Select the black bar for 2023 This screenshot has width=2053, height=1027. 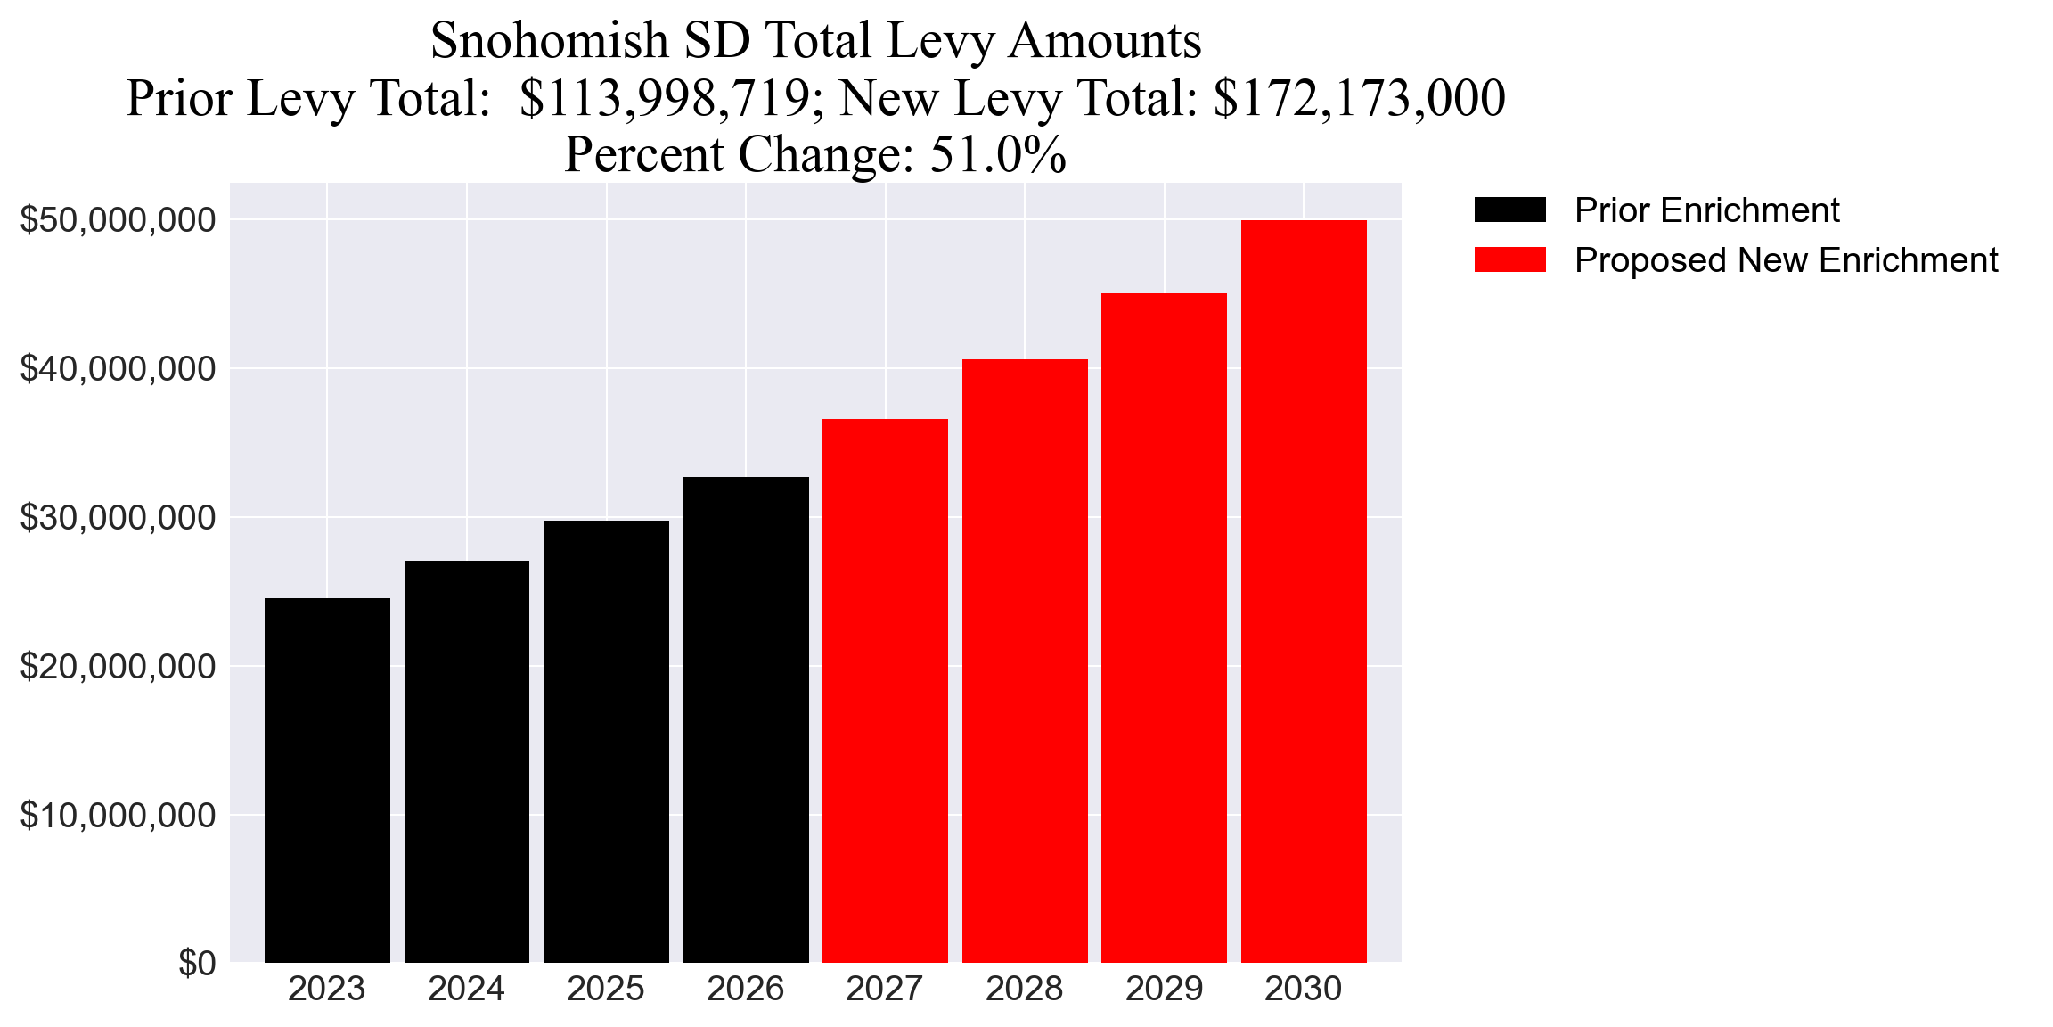coord(327,780)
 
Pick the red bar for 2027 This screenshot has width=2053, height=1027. coord(885,691)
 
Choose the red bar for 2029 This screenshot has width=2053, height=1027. coord(1164,628)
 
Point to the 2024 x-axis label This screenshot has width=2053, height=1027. coord(466,989)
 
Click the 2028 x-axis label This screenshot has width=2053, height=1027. coord(1024,989)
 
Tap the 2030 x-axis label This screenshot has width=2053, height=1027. coord(1304,989)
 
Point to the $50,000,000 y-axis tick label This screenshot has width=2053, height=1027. coord(118,219)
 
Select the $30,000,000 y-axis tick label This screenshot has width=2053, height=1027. coord(118,517)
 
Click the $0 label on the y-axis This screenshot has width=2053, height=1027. coord(197,964)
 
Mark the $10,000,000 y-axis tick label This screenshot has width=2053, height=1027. coord(118,815)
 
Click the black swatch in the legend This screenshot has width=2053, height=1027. coord(1509,210)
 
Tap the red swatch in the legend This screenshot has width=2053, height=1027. coord(1509,260)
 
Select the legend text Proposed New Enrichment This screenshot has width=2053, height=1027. coord(1786,260)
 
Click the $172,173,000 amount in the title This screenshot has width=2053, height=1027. coord(1359,98)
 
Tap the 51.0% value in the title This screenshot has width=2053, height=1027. coord(998,154)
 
